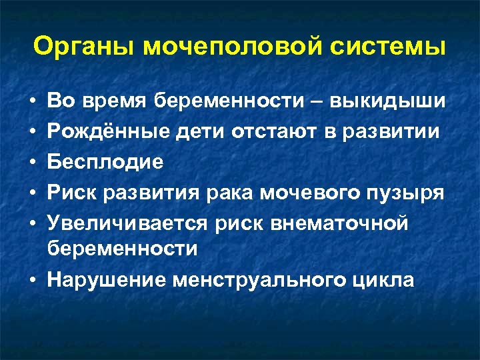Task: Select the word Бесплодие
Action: pyautogui.click(x=105, y=162)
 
